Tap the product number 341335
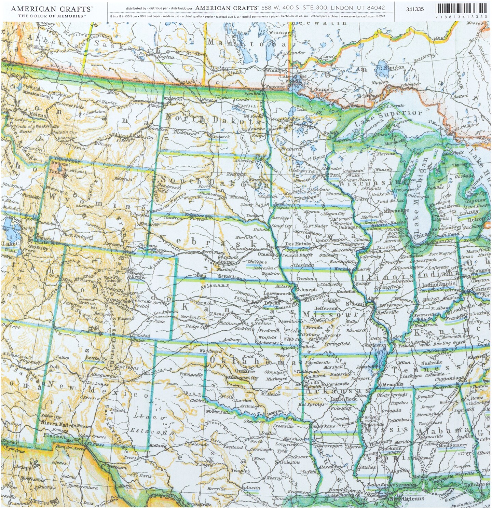click(415, 9)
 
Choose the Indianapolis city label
click(438, 284)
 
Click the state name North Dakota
click(213, 120)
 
